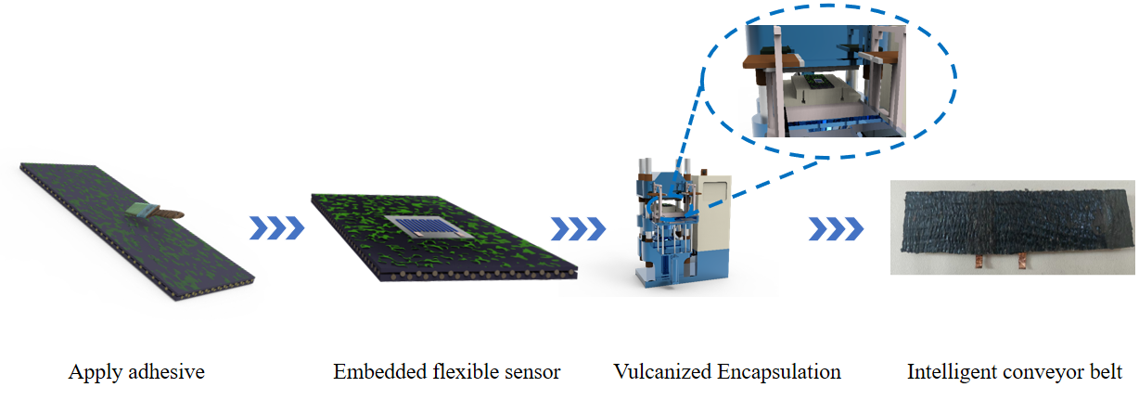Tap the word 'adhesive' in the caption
(x=166, y=372)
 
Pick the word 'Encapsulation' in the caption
(x=779, y=373)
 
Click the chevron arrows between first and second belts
(x=277, y=228)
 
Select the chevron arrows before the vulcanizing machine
(x=579, y=229)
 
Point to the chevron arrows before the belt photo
(x=837, y=229)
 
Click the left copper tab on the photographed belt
(x=979, y=262)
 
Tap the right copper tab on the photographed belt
(x=1022, y=262)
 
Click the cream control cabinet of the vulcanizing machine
(x=713, y=213)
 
